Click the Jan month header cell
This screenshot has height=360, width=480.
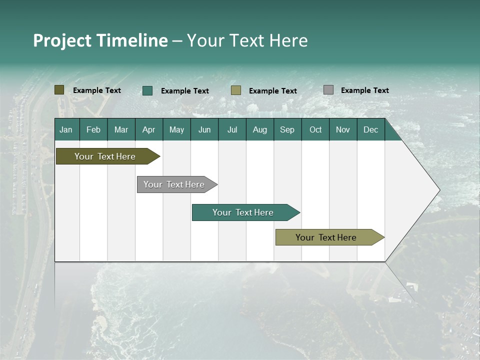click(66, 129)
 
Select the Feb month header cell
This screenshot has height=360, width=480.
click(93, 129)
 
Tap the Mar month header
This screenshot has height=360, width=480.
click(121, 129)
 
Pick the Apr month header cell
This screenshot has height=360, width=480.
click(149, 129)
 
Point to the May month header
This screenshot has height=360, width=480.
click(176, 129)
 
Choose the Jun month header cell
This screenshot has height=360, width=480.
click(204, 129)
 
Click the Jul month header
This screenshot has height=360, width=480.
click(232, 129)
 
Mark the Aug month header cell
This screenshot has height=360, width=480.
click(260, 129)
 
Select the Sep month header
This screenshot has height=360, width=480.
click(287, 129)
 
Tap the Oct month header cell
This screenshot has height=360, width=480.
click(315, 129)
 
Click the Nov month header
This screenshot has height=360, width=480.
click(343, 129)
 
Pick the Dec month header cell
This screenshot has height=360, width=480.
click(371, 129)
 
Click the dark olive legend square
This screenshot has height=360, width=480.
click(59, 90)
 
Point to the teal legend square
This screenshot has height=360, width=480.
click(147, 90)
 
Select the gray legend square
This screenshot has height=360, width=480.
click(328, 90)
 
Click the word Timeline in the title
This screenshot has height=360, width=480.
click(132, 40)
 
